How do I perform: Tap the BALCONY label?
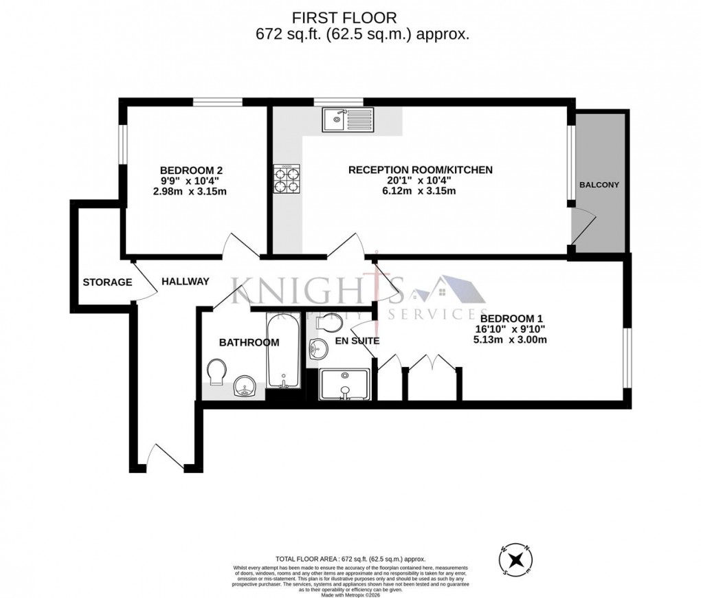click(x=599, y=185)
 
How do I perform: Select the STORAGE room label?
click(x=107, y=282)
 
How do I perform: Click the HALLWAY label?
click(x=186, y=281)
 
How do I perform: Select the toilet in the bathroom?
click(x=218, y=371)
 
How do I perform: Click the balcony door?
click(x=584, y=227)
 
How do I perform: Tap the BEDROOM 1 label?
click(x=512, y=318)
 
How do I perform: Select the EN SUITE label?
click(x=357, y=340)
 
